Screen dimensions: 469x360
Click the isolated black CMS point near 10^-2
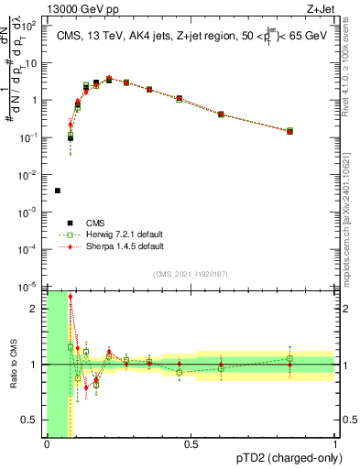58,191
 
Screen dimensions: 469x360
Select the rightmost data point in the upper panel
289,131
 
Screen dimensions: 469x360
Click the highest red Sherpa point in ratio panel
71,297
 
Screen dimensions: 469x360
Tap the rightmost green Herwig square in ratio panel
289,358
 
